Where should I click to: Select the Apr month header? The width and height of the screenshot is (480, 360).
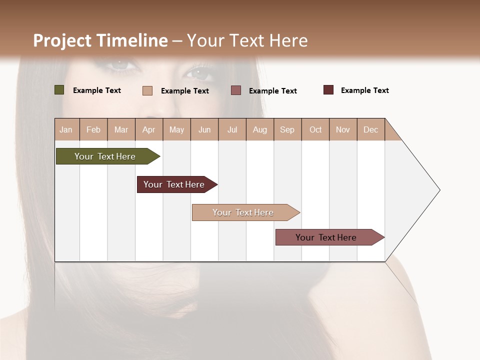149,129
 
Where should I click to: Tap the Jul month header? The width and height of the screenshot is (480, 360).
232,129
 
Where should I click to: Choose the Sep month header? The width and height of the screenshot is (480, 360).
287,129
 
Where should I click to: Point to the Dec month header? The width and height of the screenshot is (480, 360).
370,129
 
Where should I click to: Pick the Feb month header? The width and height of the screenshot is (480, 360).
93,129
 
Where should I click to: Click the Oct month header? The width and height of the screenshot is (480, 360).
315,129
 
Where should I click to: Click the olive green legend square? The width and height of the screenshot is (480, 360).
59,90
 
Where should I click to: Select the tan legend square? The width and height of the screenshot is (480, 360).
147,90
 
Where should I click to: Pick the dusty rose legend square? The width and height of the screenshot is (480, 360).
236,90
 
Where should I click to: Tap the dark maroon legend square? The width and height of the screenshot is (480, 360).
328,90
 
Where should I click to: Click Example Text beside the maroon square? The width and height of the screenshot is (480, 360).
364,90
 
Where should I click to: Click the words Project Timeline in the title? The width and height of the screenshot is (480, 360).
100,40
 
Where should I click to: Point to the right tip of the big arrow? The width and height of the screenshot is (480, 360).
438,190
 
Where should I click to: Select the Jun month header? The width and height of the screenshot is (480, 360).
204,129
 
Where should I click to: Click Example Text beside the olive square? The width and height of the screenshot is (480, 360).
97,90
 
